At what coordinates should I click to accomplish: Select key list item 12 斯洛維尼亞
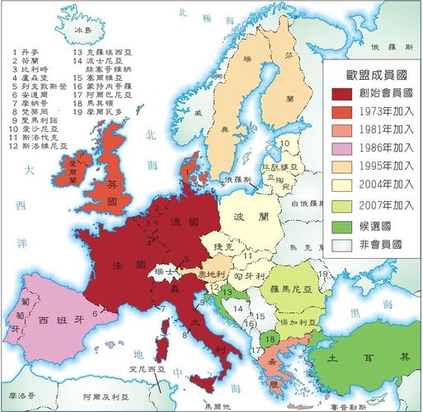point(37,146)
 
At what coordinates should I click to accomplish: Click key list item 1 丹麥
point(25,52)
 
